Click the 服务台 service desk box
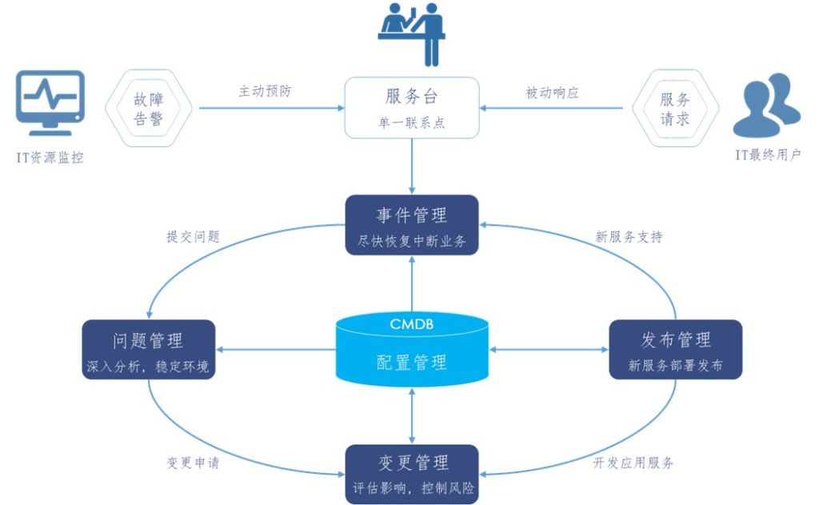click(x=411, y=106)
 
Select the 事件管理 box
click(x=411, y=225)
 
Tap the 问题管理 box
click(x=149, y=350)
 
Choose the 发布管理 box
click(x=675, y=350)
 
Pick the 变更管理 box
click(x=411, y=474)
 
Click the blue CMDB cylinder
click(x=411, y=350)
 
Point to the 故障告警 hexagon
click(x=152, y=108)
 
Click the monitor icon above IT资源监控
click(x=50, y=102)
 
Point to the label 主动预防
click(x=265, y=91)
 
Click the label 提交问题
click(x=193, y=237)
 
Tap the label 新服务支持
click(x=629, y=237)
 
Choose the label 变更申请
click(x=193, y=463)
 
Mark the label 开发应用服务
click(x=633, y=463)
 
